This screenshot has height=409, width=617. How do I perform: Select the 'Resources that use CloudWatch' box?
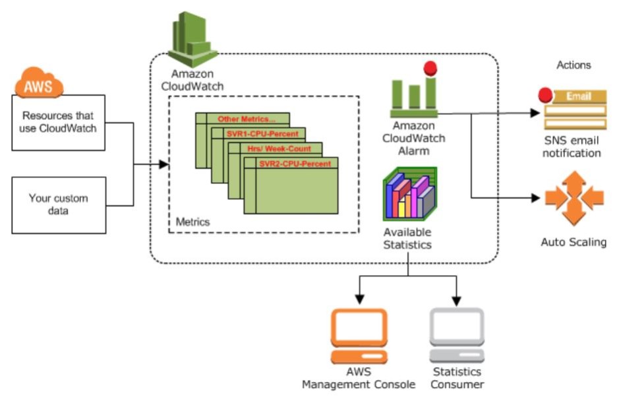click(x=58, y=122)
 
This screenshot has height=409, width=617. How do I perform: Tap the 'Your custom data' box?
click(x=58, y=204)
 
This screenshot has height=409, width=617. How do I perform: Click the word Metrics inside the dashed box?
click(x=192, y=222)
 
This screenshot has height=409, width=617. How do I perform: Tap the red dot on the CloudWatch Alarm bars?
click(x=430, y=67)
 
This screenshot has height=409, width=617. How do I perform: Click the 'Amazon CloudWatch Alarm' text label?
click(x=414, y=138)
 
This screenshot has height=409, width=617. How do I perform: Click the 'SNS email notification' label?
click(x=573, y=147)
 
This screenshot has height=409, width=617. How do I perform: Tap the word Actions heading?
click(x=573, y=65)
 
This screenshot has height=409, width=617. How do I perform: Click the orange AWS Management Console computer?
click(x=359, y=336)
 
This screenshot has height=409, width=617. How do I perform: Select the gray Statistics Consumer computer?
click(x=457, y=336)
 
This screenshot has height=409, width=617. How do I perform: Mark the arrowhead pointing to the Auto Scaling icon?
click(x=535, y=197)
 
